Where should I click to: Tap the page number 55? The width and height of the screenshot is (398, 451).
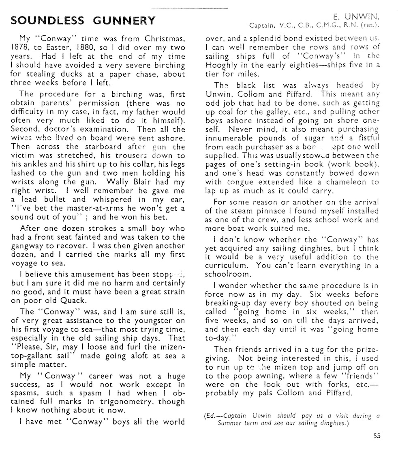pyautogui.click(x=377, y=436)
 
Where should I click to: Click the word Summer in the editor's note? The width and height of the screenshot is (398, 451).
pyautogui.click(x=231, y=423)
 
